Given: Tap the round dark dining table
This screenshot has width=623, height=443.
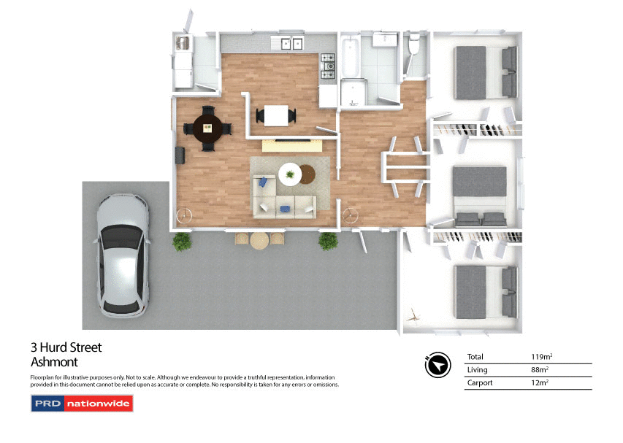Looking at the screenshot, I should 207,128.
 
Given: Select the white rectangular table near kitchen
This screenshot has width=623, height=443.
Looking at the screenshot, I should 275,115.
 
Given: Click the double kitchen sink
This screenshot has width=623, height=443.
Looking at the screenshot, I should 291,44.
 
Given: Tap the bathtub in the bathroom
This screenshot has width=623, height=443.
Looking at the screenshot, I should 350,56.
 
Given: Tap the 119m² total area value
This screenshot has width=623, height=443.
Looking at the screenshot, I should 541,357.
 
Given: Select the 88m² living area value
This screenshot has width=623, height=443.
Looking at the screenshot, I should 539,370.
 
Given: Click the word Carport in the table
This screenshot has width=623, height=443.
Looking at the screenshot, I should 481,383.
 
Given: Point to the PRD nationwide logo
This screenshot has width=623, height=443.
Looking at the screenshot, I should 82,403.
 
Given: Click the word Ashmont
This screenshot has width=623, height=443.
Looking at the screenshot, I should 54,361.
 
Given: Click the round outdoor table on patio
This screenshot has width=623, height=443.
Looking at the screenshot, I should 259,240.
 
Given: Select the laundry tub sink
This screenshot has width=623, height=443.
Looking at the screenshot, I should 183,45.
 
